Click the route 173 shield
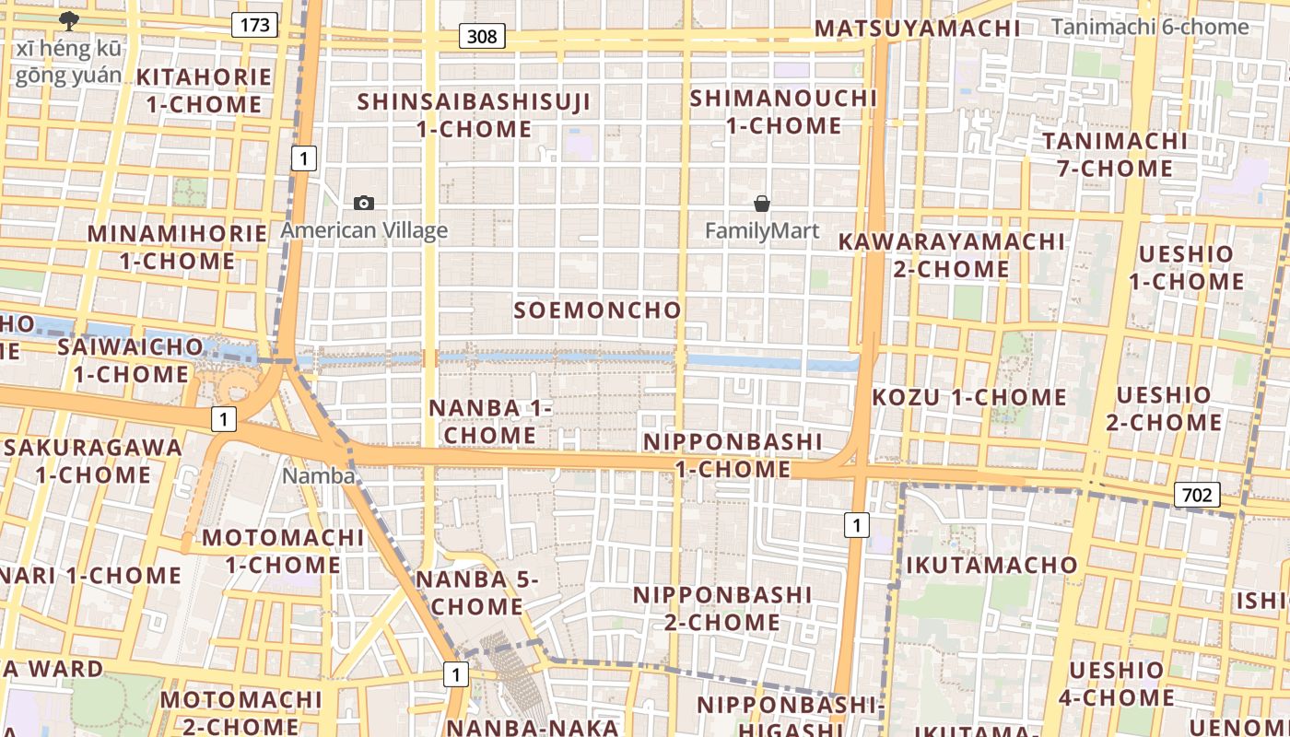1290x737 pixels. pyautogui.click(x=254, y=25)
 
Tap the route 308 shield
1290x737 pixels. pyautogui.click(x=482, y=37)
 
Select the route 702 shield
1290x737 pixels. pyautogui.click(x=1197, y=495)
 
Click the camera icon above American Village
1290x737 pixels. pyautogui.click(x=364, y=203)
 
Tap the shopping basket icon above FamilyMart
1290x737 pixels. pyautogui.click(x=762, y=203)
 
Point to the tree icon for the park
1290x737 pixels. pyautogui.click(x=68, y=20)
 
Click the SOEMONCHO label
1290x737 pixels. pyautogui.click(x=597, y=310)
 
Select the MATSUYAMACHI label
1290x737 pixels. pyautogui.click(x=918, y=29)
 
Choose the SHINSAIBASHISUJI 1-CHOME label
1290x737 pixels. pyautogui.click(x=474, y=115)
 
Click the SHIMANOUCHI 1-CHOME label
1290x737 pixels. pyautogui.click(x=783, y=111)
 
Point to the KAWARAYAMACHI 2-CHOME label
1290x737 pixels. pyautogui.click(x=951, y=255)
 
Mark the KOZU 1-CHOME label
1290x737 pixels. pyautogui.click(x=969, y=398)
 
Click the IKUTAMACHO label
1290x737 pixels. pyautogui.click(x=991, y=565)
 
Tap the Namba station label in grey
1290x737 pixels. pyautogui.click(x=319, y=475)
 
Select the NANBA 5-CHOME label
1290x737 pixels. pyautogui.click(x=475, y=592)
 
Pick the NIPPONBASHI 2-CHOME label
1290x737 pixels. pyautogui.click(x=722, y=608)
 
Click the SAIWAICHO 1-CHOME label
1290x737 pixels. pyautogui.click(x=131, y=360)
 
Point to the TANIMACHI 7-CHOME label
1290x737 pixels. pyautogui.click(x=1115, y=155)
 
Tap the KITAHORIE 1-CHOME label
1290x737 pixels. pyautogui.click(x=204, y=90)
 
